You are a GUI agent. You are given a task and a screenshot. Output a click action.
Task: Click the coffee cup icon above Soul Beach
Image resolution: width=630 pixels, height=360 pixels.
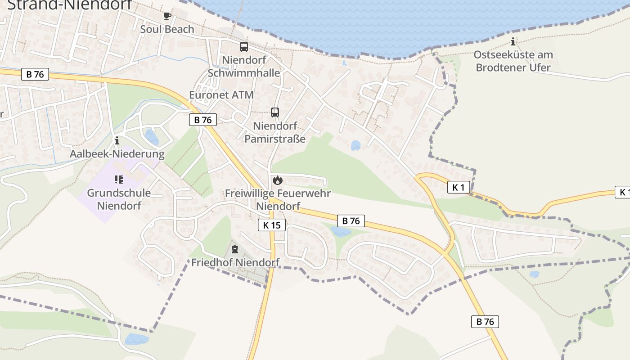(x=167, y=16)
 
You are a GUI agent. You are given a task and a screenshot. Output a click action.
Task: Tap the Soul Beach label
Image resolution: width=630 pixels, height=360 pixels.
(x=167, y=29)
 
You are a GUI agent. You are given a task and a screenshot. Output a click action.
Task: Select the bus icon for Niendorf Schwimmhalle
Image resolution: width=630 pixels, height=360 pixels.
(x=244, y=47)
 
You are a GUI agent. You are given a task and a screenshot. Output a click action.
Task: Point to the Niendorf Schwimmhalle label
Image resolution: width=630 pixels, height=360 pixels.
(x=244, y=66)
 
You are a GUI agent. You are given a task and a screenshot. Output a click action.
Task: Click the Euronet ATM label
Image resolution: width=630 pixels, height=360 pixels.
(x=221, y=95)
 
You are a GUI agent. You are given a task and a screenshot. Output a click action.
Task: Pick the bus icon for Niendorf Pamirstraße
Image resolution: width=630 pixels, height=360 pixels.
(x=275, y=112)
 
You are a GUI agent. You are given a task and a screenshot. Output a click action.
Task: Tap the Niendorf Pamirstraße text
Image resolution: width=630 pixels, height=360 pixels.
(x=275, y=132)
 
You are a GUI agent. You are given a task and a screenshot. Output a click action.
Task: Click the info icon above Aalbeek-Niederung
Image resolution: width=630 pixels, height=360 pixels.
(x=117, y=140)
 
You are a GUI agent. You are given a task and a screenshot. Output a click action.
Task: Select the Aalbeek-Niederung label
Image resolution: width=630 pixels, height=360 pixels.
(x=117, y=154)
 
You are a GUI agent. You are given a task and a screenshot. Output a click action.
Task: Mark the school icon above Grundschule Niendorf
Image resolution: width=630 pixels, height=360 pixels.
(x=119, y=180)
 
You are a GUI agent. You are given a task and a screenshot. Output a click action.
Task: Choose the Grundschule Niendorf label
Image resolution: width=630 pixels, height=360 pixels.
(x=119, y=199)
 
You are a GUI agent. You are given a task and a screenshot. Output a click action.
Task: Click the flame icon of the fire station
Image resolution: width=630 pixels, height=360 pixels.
(x=278, y=180)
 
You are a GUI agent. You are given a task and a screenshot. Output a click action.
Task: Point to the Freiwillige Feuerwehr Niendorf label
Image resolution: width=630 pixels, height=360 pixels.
(x=278, y=200)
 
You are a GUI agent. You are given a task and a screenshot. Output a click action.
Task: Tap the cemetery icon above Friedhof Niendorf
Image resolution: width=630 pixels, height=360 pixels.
(x=234, y=249)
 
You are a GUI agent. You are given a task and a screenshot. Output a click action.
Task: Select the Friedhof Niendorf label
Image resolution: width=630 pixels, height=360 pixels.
(x=235, y=262)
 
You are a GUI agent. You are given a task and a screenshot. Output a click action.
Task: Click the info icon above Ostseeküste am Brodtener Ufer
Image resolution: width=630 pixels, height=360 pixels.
(x=513, y=42)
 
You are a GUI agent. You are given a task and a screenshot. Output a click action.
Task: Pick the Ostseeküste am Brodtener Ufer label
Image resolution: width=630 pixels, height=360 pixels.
(x=513, y=61)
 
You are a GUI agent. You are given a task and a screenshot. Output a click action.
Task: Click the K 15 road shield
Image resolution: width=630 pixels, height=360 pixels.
(x=272, y=225)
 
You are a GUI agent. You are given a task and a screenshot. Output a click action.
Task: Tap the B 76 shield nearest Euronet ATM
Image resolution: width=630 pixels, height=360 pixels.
(x=203, y=120)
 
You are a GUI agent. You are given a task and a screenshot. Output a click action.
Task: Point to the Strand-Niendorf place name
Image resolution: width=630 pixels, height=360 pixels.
(x=69, y=5)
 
